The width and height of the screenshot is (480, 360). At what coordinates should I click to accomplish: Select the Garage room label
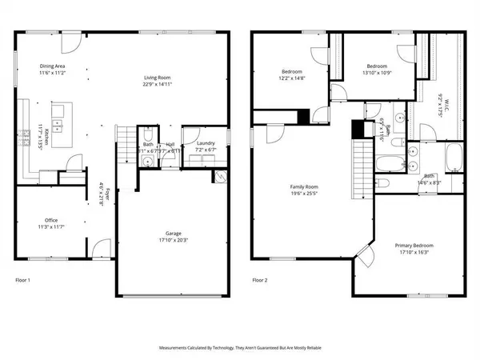(166, 233)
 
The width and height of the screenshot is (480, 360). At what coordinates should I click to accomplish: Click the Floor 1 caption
(25, 281)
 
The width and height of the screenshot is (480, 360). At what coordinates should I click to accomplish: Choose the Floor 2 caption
(260, 281)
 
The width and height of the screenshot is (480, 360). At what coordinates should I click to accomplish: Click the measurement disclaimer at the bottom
(239, 348)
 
